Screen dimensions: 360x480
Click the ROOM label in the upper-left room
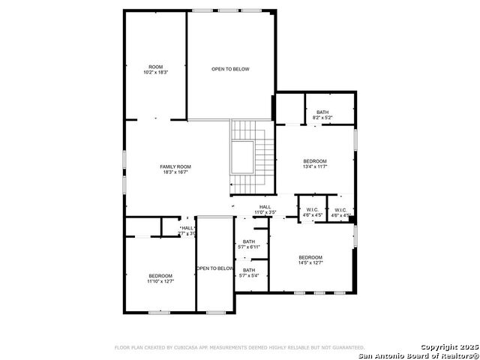(155, 67)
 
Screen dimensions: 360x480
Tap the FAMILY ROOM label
(175, 166)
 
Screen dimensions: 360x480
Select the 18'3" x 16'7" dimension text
(175, 172)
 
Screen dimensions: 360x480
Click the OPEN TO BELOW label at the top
(230, 69)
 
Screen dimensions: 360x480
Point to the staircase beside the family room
(252, 157)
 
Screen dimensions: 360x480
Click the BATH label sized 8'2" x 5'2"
(322, 112)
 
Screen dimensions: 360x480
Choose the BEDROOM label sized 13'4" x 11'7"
(315, 161)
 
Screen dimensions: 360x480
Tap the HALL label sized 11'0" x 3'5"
(265, 207)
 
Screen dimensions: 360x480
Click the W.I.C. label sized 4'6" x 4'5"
(312, 210)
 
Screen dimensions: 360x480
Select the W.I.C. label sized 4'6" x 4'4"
(341, 210)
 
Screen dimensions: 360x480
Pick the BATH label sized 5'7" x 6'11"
(249, 241)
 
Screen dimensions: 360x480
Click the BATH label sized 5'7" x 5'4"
(249, 270)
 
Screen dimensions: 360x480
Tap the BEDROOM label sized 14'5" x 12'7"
(310, 257)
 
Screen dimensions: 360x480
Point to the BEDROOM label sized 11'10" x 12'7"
(160, 276)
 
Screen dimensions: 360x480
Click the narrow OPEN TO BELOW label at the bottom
(215, 268)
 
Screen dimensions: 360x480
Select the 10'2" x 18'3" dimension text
(155, 73)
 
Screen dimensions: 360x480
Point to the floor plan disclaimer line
(239, 348)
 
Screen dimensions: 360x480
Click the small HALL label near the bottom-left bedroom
(187, 229)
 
